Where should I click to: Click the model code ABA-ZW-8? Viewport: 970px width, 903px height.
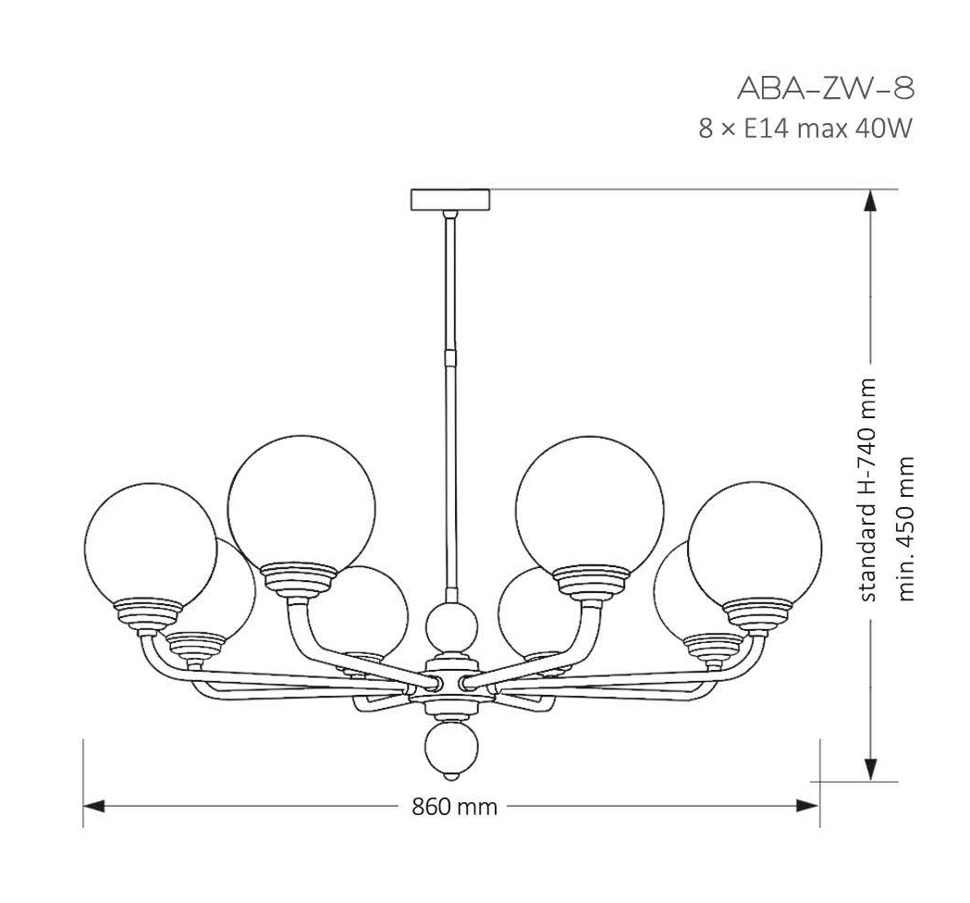pyautogui.click(x=825, y=88)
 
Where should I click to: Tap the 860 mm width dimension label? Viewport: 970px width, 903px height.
pyautogui.click(x=454, y=807)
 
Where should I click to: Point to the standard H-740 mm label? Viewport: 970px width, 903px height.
pyautogui.click(x=868, y=489)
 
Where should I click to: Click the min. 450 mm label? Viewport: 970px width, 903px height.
pyautogui.click(x=906, y=527)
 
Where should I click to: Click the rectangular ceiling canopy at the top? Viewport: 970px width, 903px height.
pyautogui.click(x=450, y=200)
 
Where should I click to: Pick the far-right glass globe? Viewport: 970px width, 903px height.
pyautogui.click(x=755, y=547)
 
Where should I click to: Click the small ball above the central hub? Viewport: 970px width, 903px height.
pyautogui.click(x=450, y=625)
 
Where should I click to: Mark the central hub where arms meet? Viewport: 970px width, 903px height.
pyautogui.click(x=450, y=684)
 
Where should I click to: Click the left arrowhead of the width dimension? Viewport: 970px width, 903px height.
pyautogui.click(x=93, y=807)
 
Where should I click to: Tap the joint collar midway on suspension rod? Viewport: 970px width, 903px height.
pyautogui.click(x=450, y=353)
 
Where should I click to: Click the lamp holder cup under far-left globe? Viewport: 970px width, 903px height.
pyautogui.click(x=150, y=612)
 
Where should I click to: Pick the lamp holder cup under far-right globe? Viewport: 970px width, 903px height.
pyautogui.click(x=757, y=613)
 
